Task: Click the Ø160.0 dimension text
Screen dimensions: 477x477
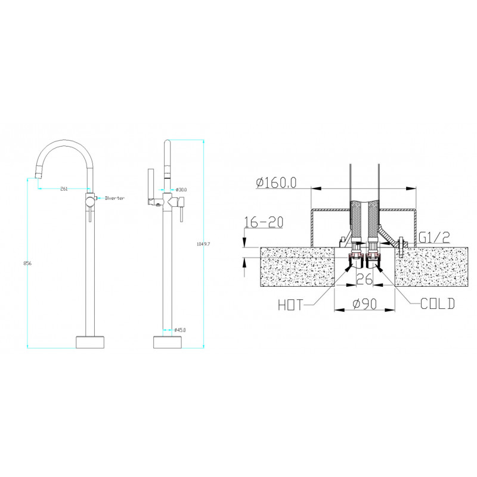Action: point(276,183)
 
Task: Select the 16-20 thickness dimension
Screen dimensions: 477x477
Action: point(264,222)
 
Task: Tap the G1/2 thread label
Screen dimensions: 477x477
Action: point(434,237)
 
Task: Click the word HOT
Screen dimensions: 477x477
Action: point(290,305)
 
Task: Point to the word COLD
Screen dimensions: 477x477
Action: point(438,303)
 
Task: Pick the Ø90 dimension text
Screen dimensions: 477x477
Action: point(365,303)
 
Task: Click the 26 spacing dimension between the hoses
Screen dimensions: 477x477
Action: point(364,279)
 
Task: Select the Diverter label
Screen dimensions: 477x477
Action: point(114,199)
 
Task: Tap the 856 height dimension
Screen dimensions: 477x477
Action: point(27,264)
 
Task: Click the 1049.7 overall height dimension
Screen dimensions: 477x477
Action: point(203,244)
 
